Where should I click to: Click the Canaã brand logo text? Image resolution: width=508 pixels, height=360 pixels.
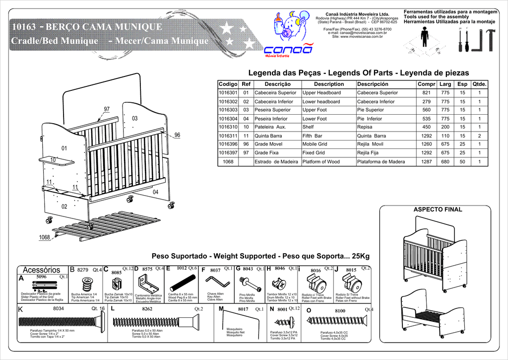point(288,50)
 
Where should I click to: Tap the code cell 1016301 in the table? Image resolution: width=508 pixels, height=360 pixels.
point(228,93)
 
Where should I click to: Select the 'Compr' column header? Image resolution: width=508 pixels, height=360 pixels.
point(427,84)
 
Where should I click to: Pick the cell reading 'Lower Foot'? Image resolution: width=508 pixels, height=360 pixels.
point(315,119)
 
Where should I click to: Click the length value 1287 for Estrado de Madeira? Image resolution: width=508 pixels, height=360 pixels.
point(427,162)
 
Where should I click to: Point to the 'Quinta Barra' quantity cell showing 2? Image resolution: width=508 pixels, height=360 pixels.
point(479,136)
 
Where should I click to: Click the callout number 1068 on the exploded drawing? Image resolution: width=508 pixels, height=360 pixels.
point(45,238)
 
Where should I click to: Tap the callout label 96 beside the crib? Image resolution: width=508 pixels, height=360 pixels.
point(177,135)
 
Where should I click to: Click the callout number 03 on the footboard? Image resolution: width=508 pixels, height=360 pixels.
point(135,118)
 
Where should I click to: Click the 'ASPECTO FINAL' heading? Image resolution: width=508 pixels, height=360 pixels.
point(438,210)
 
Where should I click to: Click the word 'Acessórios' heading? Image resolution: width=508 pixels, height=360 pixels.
point(42,270)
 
